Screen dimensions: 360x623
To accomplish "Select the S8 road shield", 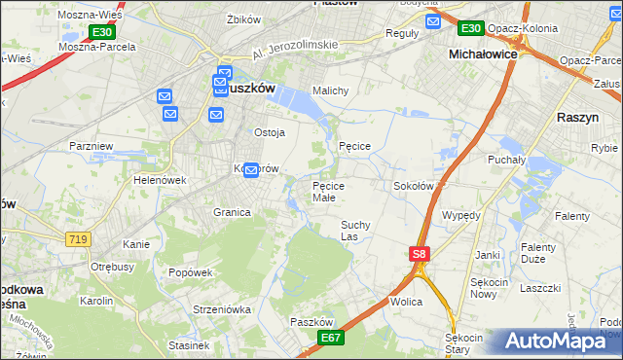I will pos(418,254).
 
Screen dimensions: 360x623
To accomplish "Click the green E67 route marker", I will pos(331,337).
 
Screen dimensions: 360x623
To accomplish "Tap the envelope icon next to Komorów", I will pos(251,170).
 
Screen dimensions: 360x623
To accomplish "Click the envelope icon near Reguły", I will pos(433,20).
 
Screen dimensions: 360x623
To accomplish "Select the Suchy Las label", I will pos(354,230).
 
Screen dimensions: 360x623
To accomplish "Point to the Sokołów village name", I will pos(413,185).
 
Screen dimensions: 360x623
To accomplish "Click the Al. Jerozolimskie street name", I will pos(294,46).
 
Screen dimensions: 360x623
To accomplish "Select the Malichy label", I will pos(330,90).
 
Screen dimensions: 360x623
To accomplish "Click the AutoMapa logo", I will pos(554,341).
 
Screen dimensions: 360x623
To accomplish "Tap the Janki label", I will pos(488,255).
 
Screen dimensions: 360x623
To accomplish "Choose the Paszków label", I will pos(312,321).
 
